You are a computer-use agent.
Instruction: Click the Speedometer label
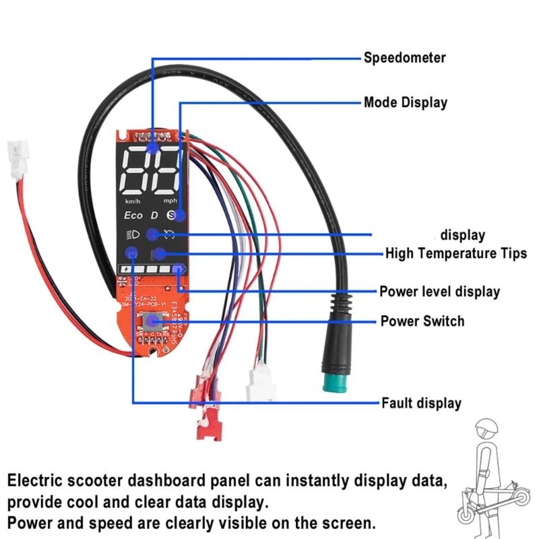(404, 58)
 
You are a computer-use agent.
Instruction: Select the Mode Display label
(405, 103)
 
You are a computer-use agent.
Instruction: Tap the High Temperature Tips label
(455, 254)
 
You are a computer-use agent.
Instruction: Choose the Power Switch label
(422, 321)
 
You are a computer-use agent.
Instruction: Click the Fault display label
(421, 404)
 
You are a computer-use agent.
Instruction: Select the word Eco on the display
(133, 215)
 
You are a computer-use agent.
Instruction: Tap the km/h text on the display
(133, 201)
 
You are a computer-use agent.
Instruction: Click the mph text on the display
(170, 201)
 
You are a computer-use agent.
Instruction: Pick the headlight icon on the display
(131, 234)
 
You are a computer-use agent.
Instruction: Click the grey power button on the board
(156, 322)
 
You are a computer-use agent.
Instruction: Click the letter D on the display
(154, 215)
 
